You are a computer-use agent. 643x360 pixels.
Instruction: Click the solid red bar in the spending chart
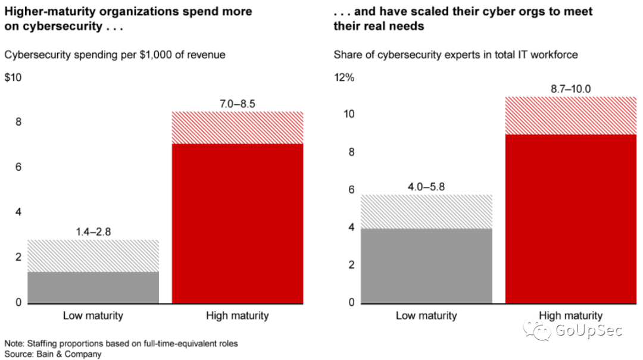click(238, 223)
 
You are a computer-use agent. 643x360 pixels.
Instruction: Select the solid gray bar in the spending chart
click(93, 287)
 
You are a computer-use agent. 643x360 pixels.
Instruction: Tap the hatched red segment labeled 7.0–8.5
click(238, 127)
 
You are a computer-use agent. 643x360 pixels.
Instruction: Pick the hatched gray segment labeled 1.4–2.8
click(93, 256)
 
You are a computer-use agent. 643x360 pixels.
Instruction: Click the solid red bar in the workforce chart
click(571, 218)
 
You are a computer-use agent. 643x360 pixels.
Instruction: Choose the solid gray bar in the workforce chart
click(426, 265)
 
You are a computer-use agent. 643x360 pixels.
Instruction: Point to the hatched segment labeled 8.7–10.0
click(571, 115)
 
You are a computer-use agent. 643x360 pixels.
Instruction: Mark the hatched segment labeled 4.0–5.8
click(426, 211)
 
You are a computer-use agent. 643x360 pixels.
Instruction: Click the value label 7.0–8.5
click(238, 104)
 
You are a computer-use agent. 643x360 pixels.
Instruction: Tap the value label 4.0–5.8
click(426, 186)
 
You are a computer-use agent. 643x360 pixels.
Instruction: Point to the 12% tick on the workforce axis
click(344, 78)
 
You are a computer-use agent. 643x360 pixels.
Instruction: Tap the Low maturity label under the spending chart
click(93, 315)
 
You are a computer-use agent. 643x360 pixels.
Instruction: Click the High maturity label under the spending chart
click(238, 315)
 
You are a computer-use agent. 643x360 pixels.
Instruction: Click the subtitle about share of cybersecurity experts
click(455, 55)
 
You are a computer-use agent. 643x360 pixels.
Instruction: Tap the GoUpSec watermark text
click(587, 331)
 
